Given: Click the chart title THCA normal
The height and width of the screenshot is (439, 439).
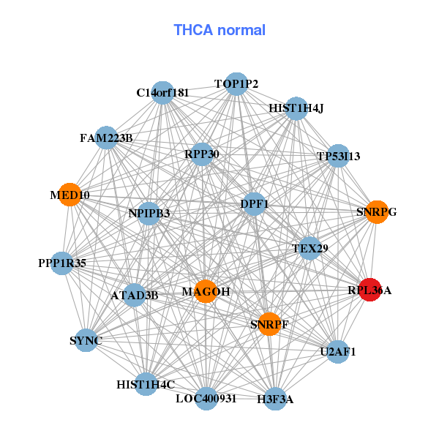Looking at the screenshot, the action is pos(219,30).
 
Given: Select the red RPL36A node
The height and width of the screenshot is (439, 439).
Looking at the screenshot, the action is pos(369,290).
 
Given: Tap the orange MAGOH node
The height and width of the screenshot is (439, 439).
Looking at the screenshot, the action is pos(206,291).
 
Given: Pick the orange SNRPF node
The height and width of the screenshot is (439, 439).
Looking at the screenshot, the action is pos(270,323).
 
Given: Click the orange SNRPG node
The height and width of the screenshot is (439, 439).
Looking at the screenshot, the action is pos(376,212).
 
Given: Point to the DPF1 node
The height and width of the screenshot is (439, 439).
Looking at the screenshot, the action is pos(254,204).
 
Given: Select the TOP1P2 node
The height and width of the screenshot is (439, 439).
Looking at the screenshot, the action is pos(236,84).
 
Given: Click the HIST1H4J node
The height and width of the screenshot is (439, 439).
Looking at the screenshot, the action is pos(296,108).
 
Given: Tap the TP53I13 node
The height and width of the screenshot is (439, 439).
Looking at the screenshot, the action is pos(338,155).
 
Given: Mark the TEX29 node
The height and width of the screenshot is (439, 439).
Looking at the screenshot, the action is pos(309,249).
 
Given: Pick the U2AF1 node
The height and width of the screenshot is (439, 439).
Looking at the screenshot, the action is pos(337,352).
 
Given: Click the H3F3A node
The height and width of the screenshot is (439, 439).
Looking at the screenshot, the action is pos(274,399).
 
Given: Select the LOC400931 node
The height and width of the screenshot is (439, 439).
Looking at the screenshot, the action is pos(206,399).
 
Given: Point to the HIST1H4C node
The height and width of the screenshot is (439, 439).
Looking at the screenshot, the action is pos(146,383).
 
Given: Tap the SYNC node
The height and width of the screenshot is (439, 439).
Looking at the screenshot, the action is pos(86,340).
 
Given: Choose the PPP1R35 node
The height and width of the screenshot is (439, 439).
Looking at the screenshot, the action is pos(62,263).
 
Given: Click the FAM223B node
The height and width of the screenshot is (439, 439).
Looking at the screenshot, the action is pos(107,138).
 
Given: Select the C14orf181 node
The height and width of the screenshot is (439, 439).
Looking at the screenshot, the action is pos(163,92).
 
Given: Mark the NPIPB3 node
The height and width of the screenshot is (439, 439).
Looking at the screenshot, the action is pos(149,214).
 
